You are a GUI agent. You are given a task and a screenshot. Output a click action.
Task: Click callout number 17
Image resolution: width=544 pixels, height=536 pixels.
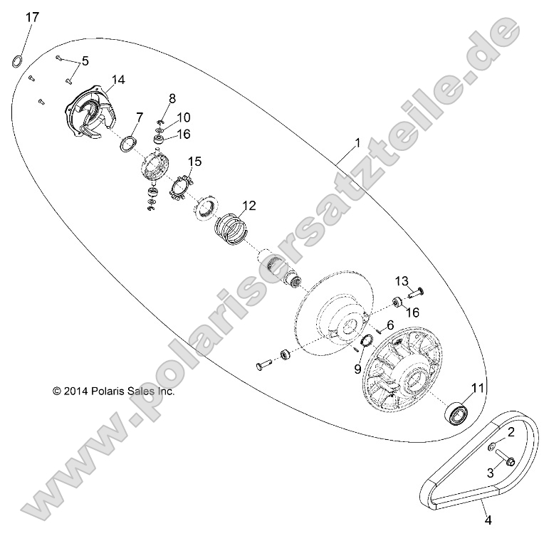click(33, 18)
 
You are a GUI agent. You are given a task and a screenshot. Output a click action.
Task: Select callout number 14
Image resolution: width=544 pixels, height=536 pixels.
click(118, 80)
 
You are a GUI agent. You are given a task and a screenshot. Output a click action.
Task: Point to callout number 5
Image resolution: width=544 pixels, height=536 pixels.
click(85, 61)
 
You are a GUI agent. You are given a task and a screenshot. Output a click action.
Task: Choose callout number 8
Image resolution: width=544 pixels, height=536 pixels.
click(172, 98)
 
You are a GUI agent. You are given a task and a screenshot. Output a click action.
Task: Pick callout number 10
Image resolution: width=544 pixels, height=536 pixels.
click(184, 117)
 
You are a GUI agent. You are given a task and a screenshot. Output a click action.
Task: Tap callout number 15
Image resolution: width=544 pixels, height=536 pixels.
click(194, 163)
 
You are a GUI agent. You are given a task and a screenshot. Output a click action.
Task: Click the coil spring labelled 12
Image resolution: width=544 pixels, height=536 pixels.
click(231, 229)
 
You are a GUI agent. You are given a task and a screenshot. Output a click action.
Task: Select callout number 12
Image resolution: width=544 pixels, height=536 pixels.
click(248, 206)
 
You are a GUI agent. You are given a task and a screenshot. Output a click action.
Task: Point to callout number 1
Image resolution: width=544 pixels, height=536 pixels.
click(357, 143)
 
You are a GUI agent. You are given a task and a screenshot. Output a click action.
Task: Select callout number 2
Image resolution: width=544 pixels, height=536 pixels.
click(511, 432)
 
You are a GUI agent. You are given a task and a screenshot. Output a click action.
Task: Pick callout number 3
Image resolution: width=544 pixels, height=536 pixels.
click(491, 473)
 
